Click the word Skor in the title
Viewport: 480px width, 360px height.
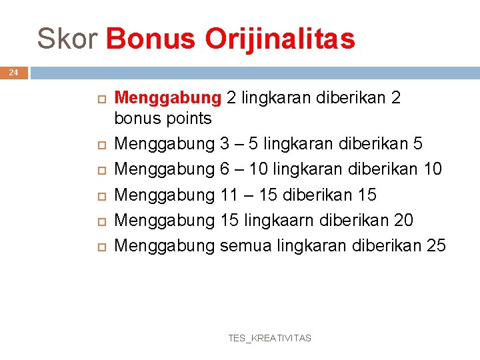[67, 39]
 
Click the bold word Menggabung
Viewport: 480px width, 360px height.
[168, 98]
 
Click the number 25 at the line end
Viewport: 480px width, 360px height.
[435, 246]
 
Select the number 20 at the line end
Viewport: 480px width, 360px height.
[403, 221]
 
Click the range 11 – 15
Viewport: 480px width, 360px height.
[249, 195]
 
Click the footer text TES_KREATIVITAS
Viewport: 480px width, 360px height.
[269, 338]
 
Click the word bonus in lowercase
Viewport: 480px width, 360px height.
[135, 119]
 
